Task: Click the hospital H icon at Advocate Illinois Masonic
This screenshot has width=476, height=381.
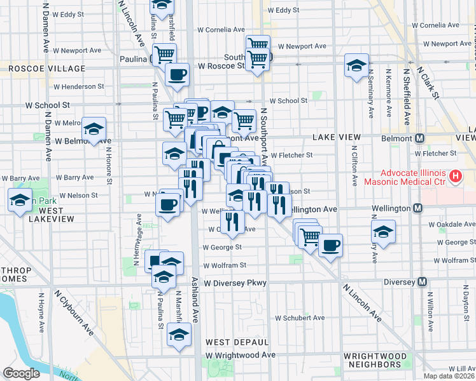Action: coord(456,176)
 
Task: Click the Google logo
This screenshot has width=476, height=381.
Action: coord(21,373)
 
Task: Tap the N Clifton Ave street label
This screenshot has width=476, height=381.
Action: coord(355,166)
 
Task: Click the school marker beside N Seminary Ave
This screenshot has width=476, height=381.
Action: coord(356,65)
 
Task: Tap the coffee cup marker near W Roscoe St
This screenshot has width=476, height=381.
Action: coord(177,74)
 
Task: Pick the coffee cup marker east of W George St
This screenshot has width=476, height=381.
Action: coord(330,244)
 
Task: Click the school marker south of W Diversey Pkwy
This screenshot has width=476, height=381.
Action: coord(179,335)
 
